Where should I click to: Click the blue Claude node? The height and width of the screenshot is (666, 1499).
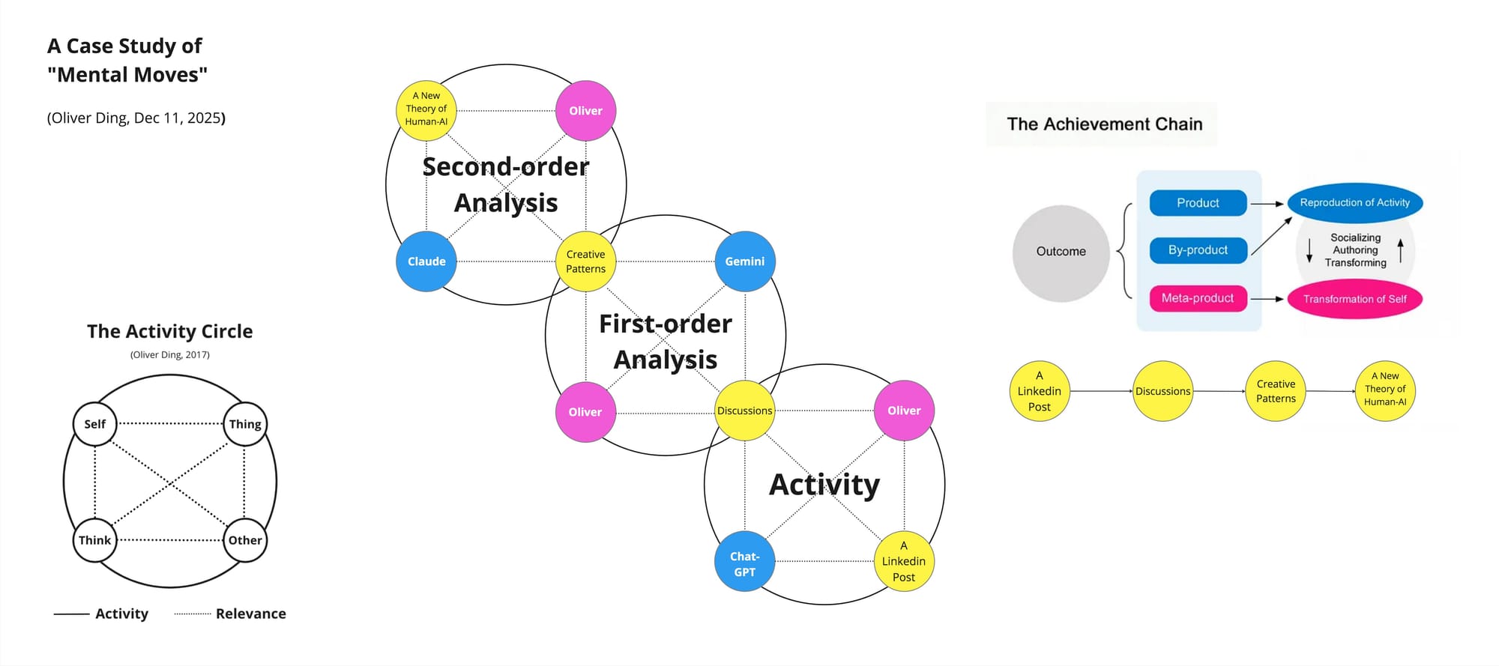(426, 261)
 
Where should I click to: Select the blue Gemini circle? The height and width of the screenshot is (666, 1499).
(745, 261)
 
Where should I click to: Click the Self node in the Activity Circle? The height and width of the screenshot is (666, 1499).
(95, 424)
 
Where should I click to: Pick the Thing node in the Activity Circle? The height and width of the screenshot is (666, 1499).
(245, 424)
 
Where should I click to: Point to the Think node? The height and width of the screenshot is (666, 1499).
(95, 540)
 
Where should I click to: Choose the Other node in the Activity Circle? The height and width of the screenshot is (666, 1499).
(245, 540)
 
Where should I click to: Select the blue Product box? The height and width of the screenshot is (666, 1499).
(1198, 203)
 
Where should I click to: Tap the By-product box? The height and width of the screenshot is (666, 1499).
(1198, 250)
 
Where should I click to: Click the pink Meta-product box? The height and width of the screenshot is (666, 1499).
(1198, 298)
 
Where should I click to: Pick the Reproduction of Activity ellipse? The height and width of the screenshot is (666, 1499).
(1354, 203)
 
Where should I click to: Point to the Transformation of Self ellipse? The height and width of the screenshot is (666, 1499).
(1354, 299)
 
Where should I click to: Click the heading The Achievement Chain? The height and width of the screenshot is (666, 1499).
(1104, 124)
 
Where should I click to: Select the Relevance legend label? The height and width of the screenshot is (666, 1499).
(251, 614)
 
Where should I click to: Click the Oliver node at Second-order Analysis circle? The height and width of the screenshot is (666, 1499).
(585, 111)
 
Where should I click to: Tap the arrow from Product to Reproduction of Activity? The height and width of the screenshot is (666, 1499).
(1267, 204)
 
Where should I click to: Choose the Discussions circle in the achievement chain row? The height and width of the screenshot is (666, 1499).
(1162, 391)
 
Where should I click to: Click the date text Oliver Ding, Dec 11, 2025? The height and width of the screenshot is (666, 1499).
(136, 118)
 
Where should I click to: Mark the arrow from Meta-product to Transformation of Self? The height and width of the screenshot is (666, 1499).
(1267, 299)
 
